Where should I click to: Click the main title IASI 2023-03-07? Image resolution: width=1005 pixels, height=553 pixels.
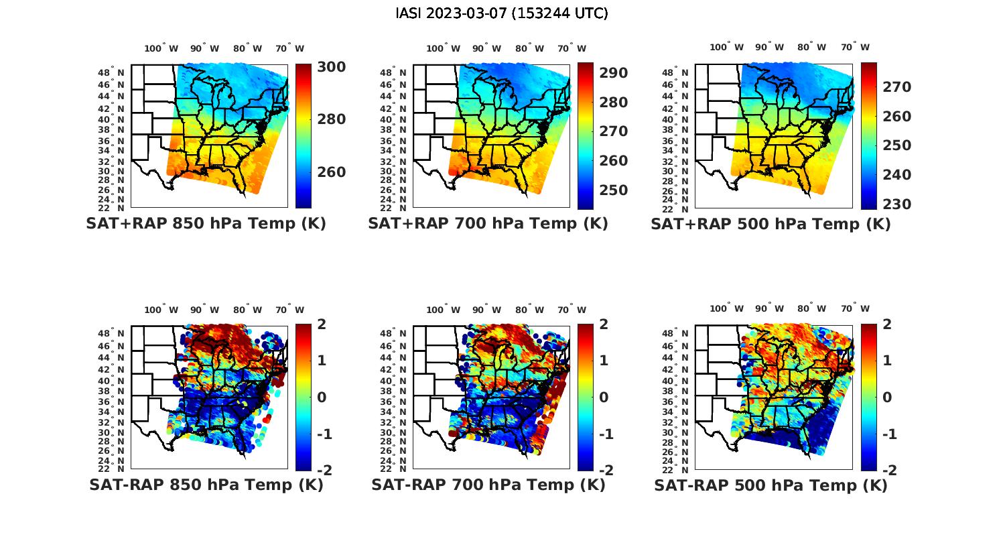(x=502, y=13)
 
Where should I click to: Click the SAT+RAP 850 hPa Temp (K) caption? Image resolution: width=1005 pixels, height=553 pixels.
(x=206, y=224)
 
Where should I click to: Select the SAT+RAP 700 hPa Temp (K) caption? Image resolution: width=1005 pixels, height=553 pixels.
(x=488, y=224)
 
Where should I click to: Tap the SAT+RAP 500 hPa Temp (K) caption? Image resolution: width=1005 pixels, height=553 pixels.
(x=770, y=225)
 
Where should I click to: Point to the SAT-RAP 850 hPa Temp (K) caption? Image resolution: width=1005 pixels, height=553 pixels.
(x=206, y=485)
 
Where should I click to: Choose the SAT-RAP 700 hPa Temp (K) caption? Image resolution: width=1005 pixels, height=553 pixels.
(x=488, y=485)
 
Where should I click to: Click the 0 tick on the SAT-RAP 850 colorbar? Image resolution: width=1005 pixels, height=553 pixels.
(x=322, y=397)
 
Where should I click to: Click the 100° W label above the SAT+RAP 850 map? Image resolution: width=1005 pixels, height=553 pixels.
(x=161, y=48)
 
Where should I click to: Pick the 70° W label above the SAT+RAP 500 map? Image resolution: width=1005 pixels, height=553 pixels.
(x=855, y=47)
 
